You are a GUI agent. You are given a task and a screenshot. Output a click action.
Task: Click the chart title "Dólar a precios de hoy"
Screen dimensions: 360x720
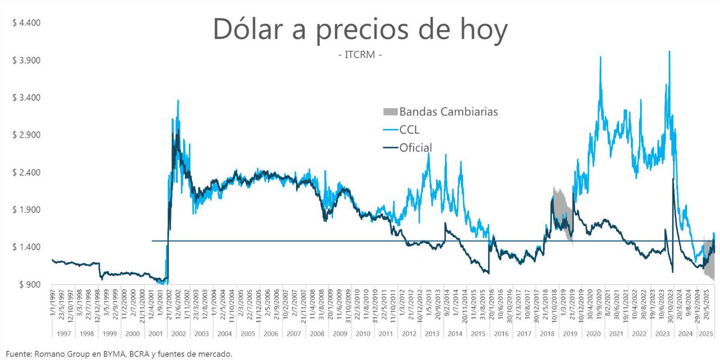pyautogui.click(x=359, y=30)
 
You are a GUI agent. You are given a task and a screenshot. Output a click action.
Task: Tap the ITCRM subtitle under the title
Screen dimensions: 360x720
pyautogui.click(x=360, y=56)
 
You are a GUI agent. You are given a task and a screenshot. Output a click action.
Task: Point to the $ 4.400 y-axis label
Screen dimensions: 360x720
pyautogui.click(x=25, y=23)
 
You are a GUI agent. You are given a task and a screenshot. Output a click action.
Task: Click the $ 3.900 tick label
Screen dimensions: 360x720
pyautogui.click(x=25, y=61)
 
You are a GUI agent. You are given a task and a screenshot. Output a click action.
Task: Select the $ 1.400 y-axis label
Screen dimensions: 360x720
pyautogui.click(x=25, y=247)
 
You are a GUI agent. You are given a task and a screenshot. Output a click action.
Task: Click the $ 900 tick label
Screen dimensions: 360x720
pyautogui.click(x=28, y=284)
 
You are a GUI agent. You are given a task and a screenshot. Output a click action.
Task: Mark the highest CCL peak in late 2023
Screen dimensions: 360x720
pyautogui.click(x=669, y=52)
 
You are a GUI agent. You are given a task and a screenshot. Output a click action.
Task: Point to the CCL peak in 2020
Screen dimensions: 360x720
pyautogui.click(x=600, y=58)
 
